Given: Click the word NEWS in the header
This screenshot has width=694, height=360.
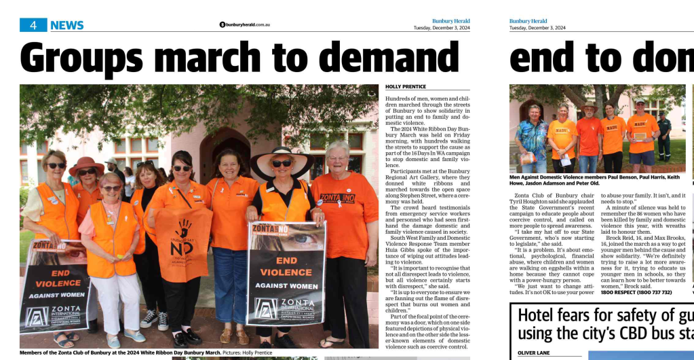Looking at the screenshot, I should point(66,25).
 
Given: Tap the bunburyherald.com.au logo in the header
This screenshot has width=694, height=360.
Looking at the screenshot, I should point(244,24).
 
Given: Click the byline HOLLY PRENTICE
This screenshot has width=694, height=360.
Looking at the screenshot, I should point(406,87).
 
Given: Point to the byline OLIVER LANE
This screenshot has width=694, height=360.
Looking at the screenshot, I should point(534,353).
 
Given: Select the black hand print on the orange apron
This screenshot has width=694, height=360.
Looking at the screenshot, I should point(184,228).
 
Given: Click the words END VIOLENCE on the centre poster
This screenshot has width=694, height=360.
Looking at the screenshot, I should point(286,266).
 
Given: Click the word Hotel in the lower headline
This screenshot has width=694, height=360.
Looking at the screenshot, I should point(538,315).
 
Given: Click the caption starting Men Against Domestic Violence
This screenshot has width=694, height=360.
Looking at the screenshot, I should point(597,180).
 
